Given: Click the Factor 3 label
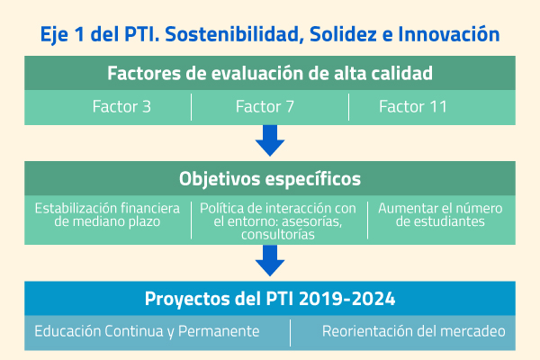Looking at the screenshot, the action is [121, 106].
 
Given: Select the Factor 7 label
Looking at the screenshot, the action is [265, 106].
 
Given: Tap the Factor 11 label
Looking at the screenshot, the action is [413, 106].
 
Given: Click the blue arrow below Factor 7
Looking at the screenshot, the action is [270, 140].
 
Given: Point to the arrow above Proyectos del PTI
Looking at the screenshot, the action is [270, 261].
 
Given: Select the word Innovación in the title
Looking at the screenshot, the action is [449, 34].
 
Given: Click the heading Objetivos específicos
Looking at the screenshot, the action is [270, 179].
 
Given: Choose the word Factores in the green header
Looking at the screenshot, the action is [144, 73].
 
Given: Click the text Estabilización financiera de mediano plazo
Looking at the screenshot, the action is [107, 214].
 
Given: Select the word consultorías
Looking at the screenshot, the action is [278, 234].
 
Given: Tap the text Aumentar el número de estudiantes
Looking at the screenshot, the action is [440, 214].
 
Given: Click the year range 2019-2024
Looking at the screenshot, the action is [347, 299].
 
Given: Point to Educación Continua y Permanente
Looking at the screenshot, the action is [147, 331].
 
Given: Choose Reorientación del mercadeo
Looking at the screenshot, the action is [414, 331].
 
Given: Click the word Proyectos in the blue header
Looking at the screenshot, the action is [187, 299].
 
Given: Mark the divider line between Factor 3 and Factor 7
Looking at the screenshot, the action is [191, 107].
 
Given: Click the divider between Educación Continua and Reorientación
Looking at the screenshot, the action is [291, 333].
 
